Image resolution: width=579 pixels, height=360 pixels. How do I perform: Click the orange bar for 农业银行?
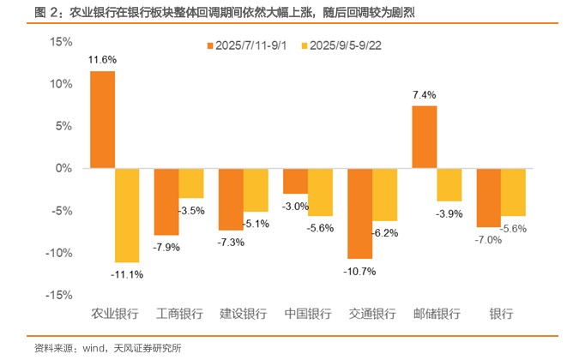(103, 119)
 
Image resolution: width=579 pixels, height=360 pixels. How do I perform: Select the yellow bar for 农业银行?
(127, 215)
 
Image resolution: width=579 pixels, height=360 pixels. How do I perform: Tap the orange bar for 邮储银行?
(425, 137)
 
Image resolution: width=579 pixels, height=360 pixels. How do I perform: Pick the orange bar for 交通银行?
(360, 213)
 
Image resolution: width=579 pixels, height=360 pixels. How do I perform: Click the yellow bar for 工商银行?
(191, 183)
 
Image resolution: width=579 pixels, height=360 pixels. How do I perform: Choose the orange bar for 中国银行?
(296, 181)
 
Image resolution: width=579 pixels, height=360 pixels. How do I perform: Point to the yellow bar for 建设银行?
(256, 190)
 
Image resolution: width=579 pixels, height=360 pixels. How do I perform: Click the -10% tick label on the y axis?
(62, 253)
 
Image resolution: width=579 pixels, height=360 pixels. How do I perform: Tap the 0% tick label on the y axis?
(67, 169)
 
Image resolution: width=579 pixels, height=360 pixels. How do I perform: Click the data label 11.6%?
(102, 60)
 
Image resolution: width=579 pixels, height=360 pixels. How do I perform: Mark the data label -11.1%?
(127, 274)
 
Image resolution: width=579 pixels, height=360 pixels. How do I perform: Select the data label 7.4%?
(425, 94)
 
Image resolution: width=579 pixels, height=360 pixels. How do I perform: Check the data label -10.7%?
(360, 271)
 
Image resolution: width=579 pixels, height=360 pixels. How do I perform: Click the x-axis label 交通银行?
(372, 314)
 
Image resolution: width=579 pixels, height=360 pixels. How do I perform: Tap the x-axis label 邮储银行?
(437, 314)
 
